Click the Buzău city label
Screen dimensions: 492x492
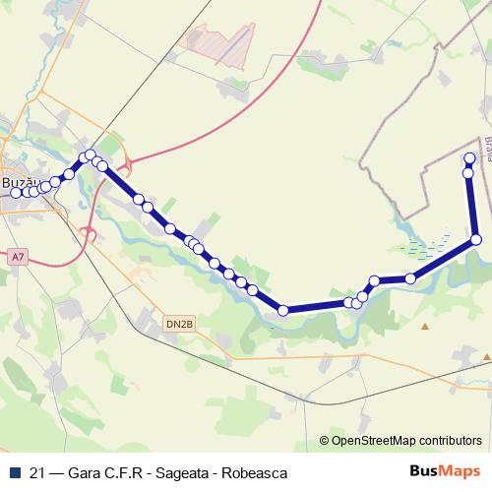tap(20, 183)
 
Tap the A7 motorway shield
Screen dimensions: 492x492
tap(17, 257)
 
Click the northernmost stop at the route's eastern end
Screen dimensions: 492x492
tap(469, 158)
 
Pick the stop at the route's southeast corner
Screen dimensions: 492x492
tap(476, 239)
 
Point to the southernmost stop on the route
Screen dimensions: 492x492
tap(283, 311)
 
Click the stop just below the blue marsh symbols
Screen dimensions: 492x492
tap(410, 278)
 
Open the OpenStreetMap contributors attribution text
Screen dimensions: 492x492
tap(407, 440)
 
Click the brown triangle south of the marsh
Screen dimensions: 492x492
tap(425, 325)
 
